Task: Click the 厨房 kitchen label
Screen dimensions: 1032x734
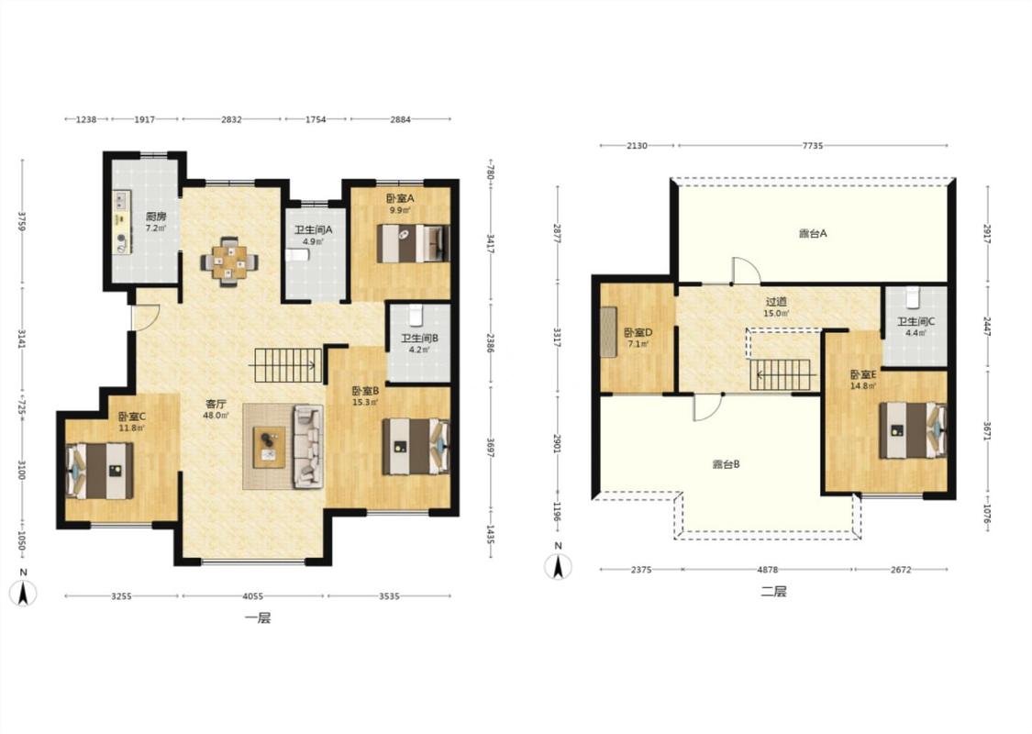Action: (156, 216)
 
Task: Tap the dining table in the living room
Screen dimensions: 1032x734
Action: (229, 262)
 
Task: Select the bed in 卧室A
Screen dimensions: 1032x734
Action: (414, 243)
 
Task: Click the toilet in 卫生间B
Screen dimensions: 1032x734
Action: (416, 315)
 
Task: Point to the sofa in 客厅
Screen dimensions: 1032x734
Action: (308, 446)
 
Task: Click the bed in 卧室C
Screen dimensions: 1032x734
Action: (100, 471)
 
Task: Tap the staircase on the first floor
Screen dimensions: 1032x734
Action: (286, 365)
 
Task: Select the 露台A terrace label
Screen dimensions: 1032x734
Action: (813, 233)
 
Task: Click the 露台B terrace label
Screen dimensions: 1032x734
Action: (726, 464)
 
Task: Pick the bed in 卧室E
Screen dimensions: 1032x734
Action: (912, 430)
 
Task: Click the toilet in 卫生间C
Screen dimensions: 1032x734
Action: (912, 296)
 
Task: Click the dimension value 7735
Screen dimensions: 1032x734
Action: (813, 146)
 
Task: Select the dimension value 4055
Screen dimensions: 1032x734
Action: (253, 596)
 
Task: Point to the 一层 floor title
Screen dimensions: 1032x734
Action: (258, 617)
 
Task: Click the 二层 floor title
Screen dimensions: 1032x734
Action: (773, 591)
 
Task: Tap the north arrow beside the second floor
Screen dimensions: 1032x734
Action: (558, 566)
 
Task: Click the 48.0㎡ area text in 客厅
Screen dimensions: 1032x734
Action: (216, 416)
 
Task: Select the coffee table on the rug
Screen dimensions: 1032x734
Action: (270, 447)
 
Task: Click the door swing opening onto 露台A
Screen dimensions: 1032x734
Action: (746, 269)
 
